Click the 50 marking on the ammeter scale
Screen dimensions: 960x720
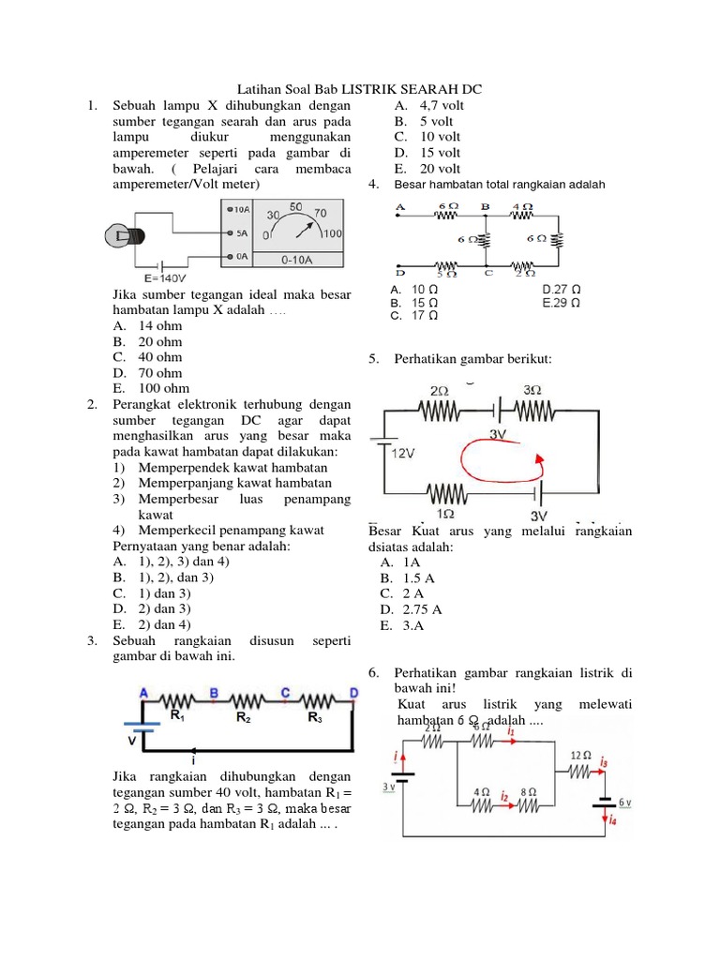[295, 205]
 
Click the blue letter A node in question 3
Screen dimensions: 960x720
[143, 693]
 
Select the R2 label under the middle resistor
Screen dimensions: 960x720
[243, 717]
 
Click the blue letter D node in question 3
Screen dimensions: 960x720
[353, 693]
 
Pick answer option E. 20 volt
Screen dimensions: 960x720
[428, 169]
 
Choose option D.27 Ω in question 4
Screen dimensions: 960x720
[562, 289]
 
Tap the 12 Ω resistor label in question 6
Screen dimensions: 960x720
[580, 755]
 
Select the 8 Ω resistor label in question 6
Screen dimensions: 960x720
[527, 791]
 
